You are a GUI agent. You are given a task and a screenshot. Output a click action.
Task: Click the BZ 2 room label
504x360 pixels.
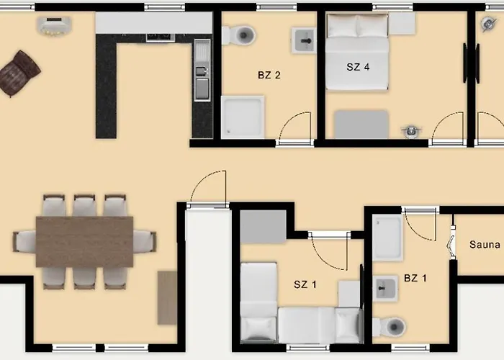click(269, 74)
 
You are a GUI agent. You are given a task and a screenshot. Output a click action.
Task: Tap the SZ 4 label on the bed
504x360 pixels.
click(358, 67)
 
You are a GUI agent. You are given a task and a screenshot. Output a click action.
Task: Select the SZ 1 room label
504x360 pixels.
click(305, 284)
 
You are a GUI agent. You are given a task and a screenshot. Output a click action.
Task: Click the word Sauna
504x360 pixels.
click(484, 245)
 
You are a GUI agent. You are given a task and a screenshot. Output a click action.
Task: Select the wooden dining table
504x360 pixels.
click(84, 241)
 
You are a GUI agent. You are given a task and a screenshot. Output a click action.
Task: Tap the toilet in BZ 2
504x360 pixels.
click(240, 34)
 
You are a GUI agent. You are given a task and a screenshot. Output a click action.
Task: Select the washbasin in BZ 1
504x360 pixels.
click(386, 289)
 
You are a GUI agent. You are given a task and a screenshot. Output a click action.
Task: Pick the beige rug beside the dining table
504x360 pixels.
click(167, 297)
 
